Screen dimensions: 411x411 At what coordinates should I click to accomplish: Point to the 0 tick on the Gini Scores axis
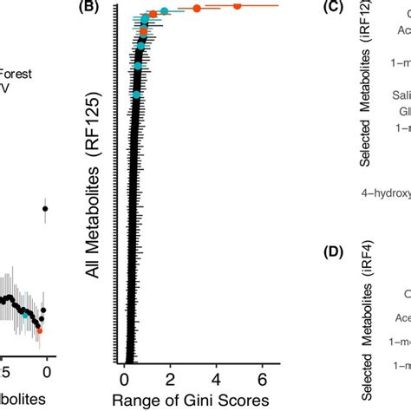[x=124, y=378]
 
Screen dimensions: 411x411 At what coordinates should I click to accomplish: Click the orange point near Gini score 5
[x=237, y=6]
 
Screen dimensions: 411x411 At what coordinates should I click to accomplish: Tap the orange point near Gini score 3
[x=197, y=9]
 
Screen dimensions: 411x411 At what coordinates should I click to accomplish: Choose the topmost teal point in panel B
[x=164, y=11]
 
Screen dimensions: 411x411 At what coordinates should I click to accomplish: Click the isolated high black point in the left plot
[x=45, y=208]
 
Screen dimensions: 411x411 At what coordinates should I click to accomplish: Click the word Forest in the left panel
[x=16, y=75]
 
